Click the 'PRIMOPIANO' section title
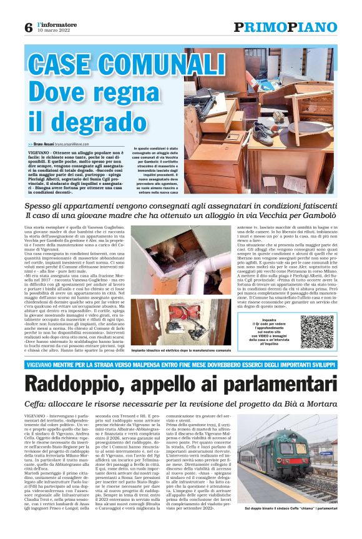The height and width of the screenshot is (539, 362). pyautogui.click(x=285, y=27)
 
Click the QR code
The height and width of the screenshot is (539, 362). pyautogui.click(x=316, y=330)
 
